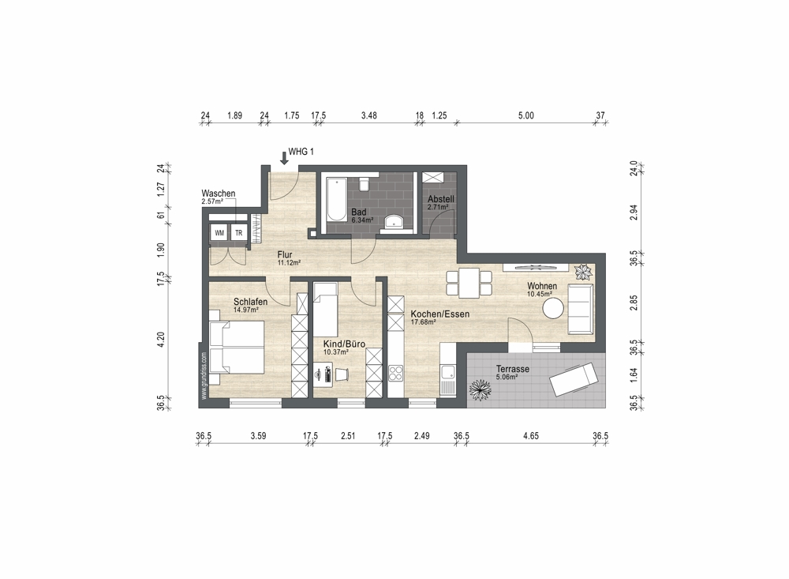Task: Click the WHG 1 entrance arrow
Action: [x=284, y=159]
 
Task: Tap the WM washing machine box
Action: [x=219, y=233]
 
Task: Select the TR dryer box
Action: [x=238, y=233]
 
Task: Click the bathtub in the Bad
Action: [x=335, y=199]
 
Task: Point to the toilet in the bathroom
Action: [x=365, y=183]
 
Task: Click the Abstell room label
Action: [x=441, y=199]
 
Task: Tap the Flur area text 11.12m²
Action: [x=290, y=262]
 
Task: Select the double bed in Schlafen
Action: [x=237, y=348]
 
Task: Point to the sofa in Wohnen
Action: [x=581, y=309]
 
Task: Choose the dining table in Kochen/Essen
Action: [x=469, y=283]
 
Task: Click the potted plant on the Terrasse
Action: [x=480, y=389]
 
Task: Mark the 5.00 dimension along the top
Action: [x=525, y=115]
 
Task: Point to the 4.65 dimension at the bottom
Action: [x=531, y=436]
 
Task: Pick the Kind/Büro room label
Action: [x=344, y=344]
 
